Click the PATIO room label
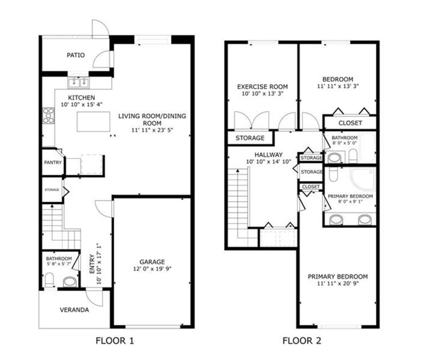click(75, 55)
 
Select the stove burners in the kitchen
click(47, 115)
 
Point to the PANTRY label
click(52, 163)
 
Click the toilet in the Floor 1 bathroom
click(50, 279)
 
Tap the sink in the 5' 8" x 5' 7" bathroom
click(70, 281)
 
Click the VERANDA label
click(75, 310)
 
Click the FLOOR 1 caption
click(115, 341)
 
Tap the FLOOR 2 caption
click(302, 341)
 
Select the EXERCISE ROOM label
click(262, 86)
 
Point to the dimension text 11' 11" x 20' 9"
click(338, 284)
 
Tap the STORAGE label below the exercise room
click(250, 138)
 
